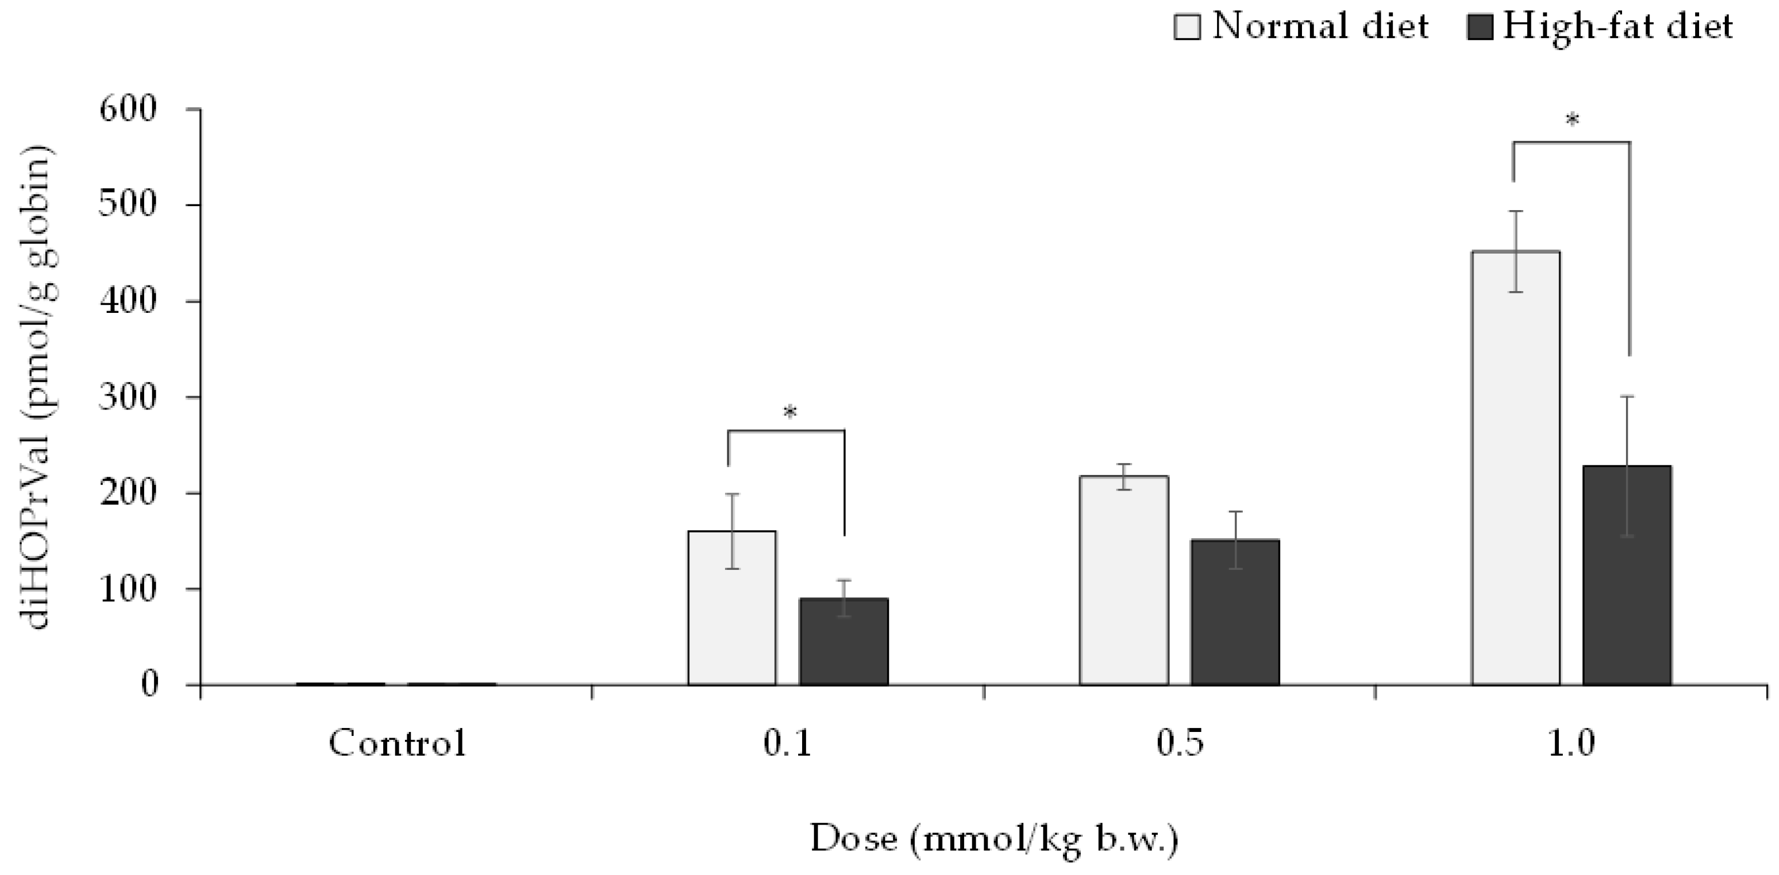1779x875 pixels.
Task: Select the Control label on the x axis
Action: [397, 744]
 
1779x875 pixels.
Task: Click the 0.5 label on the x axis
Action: [1180, 744]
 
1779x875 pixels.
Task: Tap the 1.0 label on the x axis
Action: [1571, 744]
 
